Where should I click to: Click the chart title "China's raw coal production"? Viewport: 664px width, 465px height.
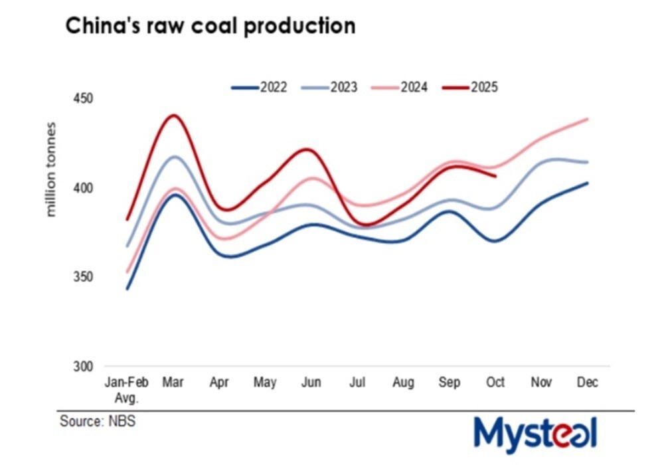pyautogui.click(x=210, y=26)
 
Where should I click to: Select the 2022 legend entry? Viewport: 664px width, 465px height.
pyautogui.click(x=260, y=87)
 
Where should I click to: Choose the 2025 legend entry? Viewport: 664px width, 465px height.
pyautogui.click(x=471, y=87)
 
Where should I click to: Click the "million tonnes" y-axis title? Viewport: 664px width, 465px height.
pyautogui.click(x=52, y=170)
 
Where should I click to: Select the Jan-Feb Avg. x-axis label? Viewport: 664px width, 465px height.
pyautogui.click(x=127, y=389)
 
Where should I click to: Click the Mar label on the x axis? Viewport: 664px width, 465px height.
pyautogui.click(x=173, y=383)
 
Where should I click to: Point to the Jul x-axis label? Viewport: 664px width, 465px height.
pyautogui.click(x=357, y=383)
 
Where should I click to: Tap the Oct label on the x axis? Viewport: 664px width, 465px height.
pyautogui.click(x=495, y=383)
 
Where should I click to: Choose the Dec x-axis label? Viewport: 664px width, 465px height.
pyautogui.click(x=588, y=383)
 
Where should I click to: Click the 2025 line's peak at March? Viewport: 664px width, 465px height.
pyautogui.click(x=173, y=116)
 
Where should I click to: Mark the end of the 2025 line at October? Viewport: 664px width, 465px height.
pyautogui.click(x=495, y=176)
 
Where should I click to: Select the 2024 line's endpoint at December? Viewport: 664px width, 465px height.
pyautogui.click(x=588, y=120)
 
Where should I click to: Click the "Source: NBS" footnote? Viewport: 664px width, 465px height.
pyautogui.click(x=98, y=422)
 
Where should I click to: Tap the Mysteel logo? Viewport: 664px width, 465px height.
pyautogui.click(x=535, y=433)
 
